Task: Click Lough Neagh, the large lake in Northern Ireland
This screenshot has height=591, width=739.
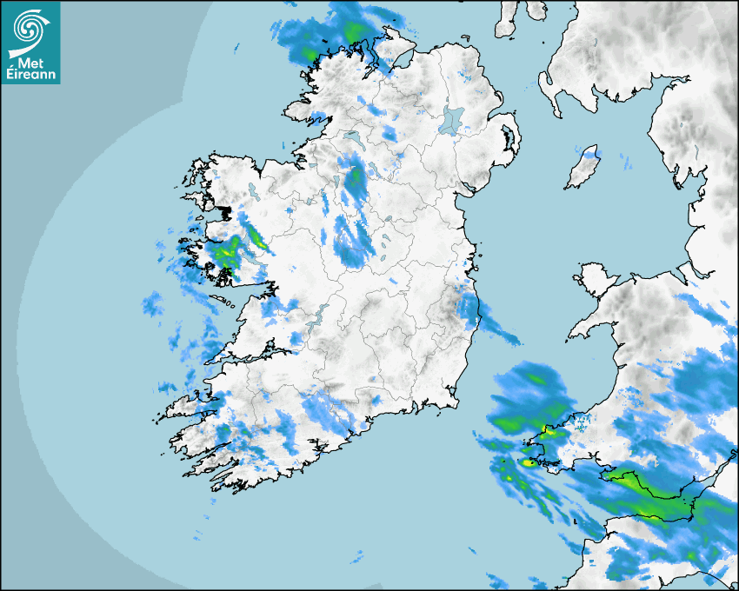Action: [x=453, y=120]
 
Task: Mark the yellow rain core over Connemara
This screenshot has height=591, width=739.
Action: [x=223, y=253]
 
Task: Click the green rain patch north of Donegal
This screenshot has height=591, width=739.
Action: [x=352, y=33]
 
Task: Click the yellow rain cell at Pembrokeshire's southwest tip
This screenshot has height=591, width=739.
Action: [x=529, y=462]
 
